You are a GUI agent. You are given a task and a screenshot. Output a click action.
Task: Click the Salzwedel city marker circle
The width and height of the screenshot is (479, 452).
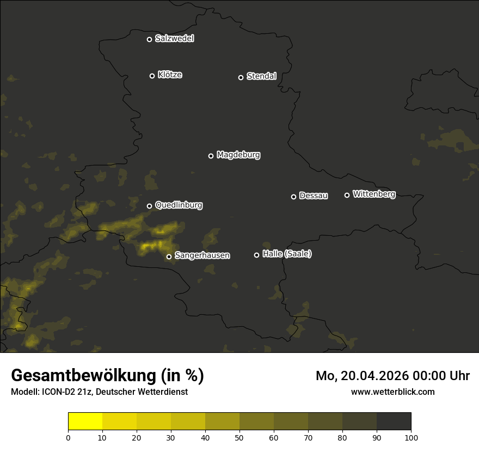149,39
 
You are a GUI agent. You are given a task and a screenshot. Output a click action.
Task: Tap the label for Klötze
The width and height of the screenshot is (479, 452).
170,75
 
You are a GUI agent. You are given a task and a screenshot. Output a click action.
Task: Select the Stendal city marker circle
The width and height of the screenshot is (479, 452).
241,77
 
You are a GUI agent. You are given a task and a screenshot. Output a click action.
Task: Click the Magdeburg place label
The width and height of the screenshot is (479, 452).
238,155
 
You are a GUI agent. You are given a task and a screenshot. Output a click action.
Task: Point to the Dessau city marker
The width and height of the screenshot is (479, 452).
293,197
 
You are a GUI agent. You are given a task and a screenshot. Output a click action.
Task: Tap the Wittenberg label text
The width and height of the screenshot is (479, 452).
374,194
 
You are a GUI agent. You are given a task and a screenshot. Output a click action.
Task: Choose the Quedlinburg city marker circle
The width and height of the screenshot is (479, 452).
149,206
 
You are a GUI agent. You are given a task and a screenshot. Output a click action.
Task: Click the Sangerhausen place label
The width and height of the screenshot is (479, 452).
202,255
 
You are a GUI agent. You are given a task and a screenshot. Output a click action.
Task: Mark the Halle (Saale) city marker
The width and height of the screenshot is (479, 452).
256,255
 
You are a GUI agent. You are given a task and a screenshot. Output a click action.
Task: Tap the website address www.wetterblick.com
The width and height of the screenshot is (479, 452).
393,392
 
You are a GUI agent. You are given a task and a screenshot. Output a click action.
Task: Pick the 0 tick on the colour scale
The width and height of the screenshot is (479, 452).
68,437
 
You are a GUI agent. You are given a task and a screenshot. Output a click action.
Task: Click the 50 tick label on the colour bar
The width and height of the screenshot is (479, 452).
239,437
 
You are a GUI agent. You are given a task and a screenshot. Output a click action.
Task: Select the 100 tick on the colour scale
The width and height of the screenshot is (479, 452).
411,437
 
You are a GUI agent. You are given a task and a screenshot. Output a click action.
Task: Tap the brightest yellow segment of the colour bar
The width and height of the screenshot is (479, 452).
85,422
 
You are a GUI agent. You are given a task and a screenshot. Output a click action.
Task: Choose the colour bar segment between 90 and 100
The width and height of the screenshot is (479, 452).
394,422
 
